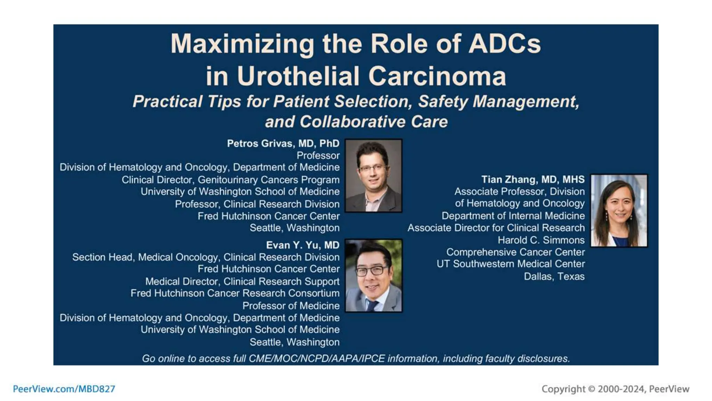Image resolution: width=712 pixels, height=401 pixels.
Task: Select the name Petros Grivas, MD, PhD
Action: click(x=283, y=143)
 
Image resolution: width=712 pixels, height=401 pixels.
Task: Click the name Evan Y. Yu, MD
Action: click(x=302, y=245)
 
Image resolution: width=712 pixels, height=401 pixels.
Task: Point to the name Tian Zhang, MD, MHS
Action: click(x=533, y=180)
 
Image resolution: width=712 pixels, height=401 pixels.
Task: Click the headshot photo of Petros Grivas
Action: click(x=373, y=175)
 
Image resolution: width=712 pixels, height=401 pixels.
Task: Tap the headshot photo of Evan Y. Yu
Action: click(x=373, y=275)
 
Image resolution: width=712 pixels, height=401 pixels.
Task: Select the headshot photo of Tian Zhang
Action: click(x=619, y=211)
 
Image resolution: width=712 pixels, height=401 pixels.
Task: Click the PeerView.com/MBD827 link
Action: click(x=64, y=389)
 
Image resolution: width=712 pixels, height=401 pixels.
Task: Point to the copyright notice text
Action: click(x=615, y=389)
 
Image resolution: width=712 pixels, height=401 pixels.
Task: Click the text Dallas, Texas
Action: click(x=554, y=276)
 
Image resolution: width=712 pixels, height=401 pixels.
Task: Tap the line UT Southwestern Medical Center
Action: click(x=510, y=264)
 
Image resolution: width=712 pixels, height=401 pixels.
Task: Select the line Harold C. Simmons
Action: click(x=541, y=240)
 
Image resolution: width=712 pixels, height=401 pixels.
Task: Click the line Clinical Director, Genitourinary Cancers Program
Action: click(x=230, y=180)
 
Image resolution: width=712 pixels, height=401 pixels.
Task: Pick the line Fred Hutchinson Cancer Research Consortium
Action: click(x=235, y=293)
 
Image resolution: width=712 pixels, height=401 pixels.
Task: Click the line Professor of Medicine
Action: click(x=291, y=306)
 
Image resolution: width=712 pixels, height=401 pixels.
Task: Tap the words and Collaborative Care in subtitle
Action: click(x=356, y=122)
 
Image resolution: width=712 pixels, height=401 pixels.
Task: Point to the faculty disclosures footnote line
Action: click(x=356, y=359)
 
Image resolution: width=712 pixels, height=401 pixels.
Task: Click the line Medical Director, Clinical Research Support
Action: click(x=242, y=281)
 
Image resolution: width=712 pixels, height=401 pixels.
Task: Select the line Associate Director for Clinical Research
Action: click(x=496, y=228)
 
